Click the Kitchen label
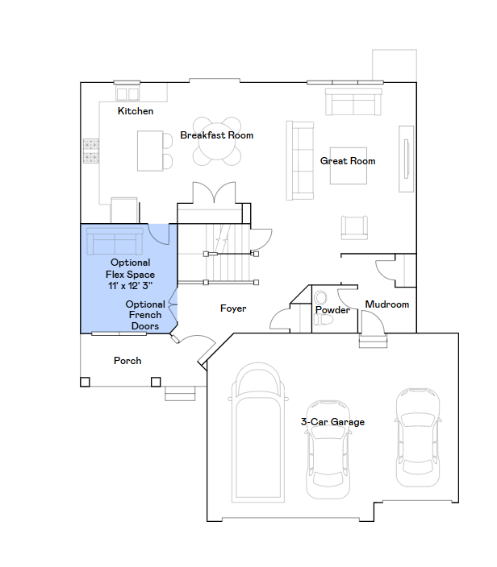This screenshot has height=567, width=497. tap(136, 111)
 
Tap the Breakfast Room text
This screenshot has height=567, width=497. tap(216, 135)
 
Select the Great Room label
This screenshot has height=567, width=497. tap(348, 161)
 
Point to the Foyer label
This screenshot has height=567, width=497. tap(233, 308)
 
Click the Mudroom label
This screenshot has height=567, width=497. tap(387, 304)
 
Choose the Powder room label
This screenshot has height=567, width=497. tap(332, 310)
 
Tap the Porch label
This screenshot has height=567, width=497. tap(127, 361)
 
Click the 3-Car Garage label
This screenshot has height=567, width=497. tap(332, 422)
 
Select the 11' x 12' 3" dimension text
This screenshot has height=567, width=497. tap(130, 286)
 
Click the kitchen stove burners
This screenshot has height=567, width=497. tap(91, 151)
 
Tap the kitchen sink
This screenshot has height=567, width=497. tap(127, 93)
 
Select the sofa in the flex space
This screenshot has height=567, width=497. tap(115, 242)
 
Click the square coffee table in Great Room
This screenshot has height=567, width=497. tap(349, 166)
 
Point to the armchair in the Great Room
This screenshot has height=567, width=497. tap(354, 227)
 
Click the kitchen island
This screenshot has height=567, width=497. tap(150, 151)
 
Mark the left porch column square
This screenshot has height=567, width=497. tap(86, 382)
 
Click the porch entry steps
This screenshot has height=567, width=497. tap(180, 393)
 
